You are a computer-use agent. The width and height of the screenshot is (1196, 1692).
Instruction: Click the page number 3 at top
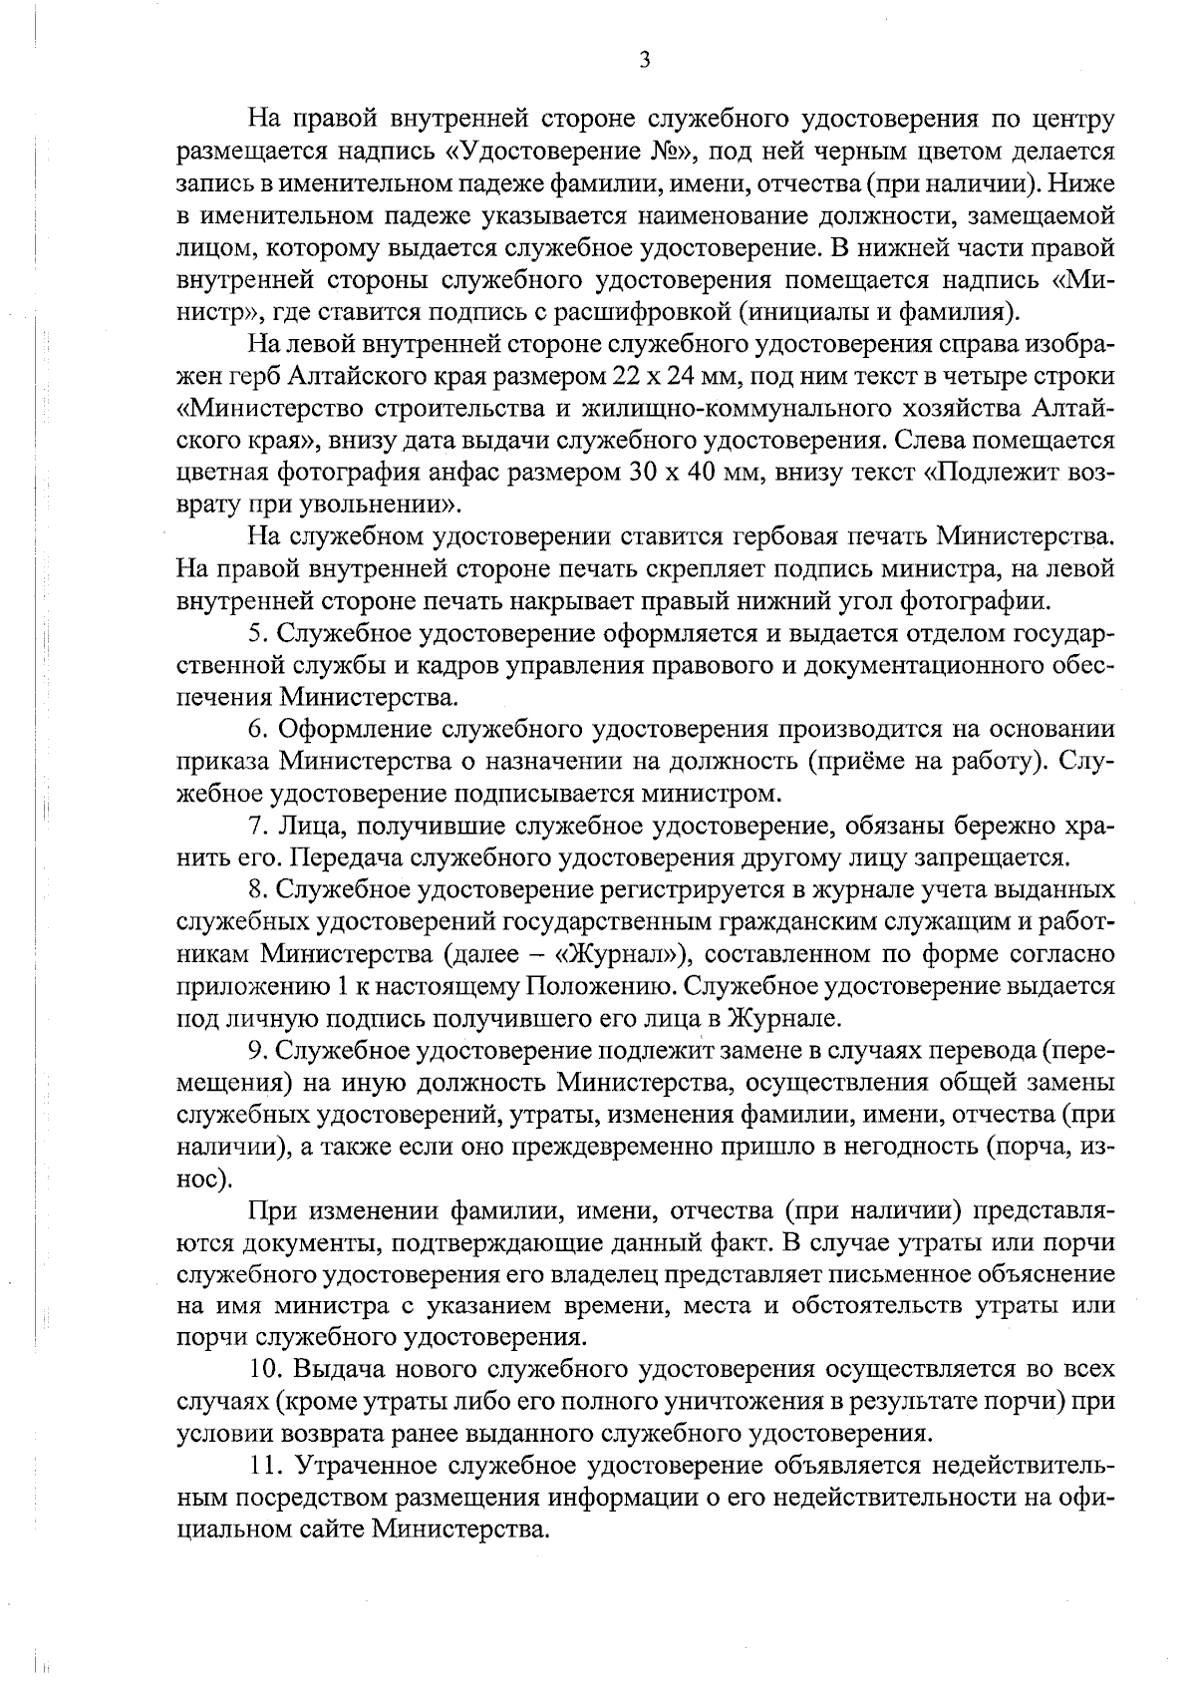(x=644, y=61)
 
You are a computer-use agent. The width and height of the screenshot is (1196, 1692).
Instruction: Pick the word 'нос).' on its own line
(x=204, y=1179)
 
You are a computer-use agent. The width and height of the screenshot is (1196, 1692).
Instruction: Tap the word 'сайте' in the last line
(x=330, y=1529)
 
